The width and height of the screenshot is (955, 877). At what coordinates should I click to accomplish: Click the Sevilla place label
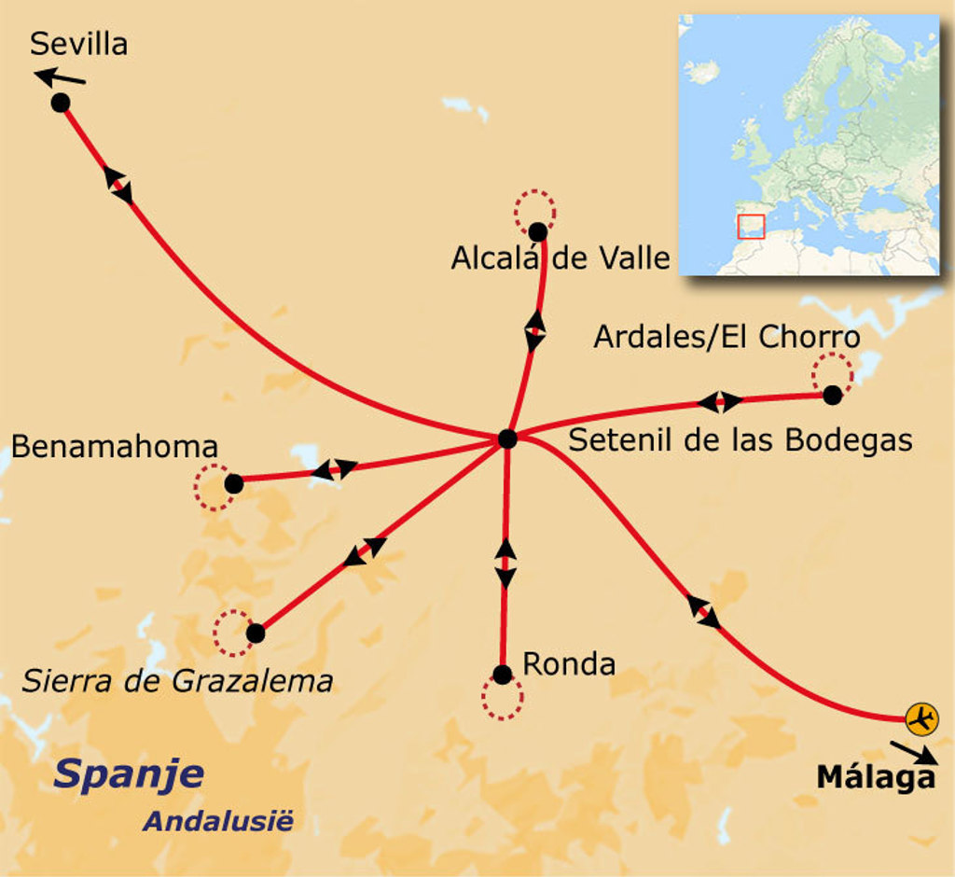(78, 43)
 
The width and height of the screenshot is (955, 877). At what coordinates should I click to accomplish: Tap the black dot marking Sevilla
(61, 103)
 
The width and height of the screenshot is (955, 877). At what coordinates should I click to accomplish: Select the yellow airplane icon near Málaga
(921, 718)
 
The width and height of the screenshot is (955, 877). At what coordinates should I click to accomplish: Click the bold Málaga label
(876, 777)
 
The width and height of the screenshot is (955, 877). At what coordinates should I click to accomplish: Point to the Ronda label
(569, 664)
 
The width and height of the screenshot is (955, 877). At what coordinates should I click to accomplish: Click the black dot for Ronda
(503, 675)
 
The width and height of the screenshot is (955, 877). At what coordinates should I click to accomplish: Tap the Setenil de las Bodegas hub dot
(507, 438)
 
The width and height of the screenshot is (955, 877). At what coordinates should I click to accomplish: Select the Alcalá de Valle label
(561, 258)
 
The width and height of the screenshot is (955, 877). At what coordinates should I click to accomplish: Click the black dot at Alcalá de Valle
(537, 231)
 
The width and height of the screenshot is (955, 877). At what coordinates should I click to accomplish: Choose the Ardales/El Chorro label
(727, 337)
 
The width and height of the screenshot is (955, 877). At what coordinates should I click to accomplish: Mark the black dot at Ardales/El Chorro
(832, 395)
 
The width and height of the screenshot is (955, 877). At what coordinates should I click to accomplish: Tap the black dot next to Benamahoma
(234, 483)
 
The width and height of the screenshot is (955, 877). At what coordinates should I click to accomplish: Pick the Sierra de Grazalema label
(177, 681)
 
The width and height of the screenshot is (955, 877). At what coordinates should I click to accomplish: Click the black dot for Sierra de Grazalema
(255, 633)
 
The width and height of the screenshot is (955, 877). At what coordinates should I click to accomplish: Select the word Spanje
(129, 773)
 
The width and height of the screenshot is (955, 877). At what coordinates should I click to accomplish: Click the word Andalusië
(217, 822)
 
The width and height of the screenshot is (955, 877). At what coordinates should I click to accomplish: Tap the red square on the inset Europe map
(751, 227)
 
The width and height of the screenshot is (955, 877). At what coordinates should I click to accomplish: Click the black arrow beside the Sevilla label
(60, 77)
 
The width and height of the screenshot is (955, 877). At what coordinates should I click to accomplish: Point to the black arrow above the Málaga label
(913, 751)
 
